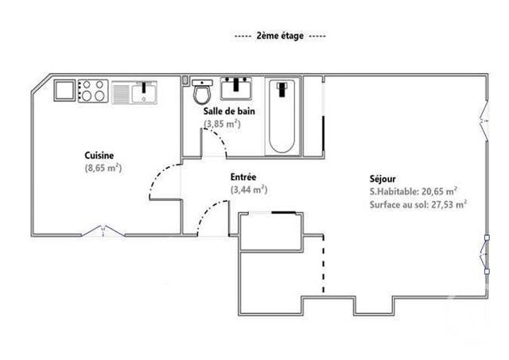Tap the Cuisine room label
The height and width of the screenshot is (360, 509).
click(x=100, y=156)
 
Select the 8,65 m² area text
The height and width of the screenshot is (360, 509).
click(x=103, y=168)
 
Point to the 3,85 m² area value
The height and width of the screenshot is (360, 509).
click(x=223, y=123)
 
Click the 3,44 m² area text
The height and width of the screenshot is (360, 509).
click(x=248, y=190)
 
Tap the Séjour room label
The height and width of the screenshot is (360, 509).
click(x=383, y=179)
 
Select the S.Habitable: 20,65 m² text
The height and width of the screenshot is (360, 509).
click(x=413, y=191)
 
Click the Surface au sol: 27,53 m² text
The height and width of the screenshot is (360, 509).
click(x=418, y=203)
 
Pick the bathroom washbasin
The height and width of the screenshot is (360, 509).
click(x=236, y=86)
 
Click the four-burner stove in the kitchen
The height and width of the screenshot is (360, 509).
click(x=93, y=90)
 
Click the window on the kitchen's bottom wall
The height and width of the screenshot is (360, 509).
click(x=103, y=232)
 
